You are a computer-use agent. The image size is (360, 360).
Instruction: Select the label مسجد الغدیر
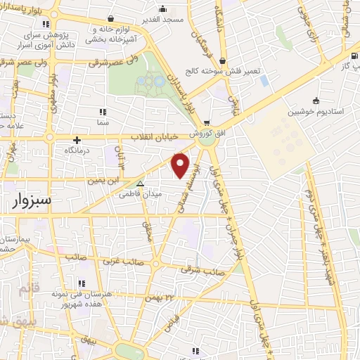point(162,19)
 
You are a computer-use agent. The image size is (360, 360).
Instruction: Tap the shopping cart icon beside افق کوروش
point(207,121)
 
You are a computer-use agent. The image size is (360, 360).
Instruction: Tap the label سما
point(103,122)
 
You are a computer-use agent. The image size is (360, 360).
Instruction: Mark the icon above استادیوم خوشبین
point(316,100)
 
